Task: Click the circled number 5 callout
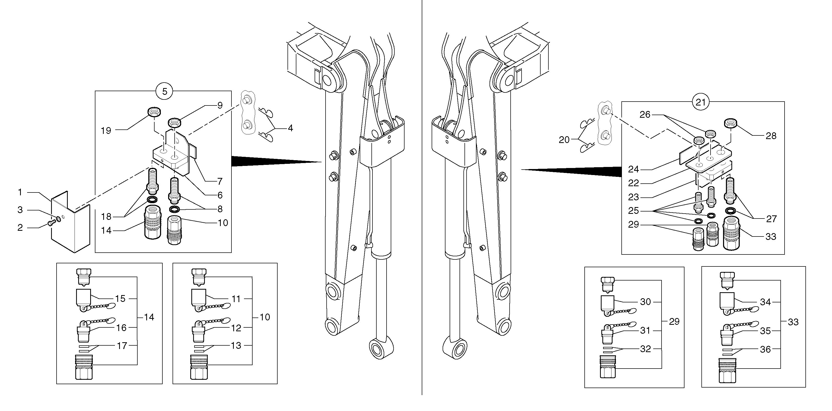pyautogui.click(x=164, y=92)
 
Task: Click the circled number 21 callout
pyautogui.click(x=700, y=102)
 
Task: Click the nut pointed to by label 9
pyautogui.click(x=174, y=123)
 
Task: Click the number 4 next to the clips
pyautogui.click(x=290, y=128)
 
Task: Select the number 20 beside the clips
pyautogui.click(x=564, y=140)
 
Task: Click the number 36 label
pyautogui.click(x=765, y=349)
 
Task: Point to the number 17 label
pyautogui.click(x=122, y=346)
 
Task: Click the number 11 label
pyautogui.click(x=236, y=299)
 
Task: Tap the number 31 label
pyautogui.click(x=645, y=331)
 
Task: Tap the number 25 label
pyautogui.click(x=633, y=211)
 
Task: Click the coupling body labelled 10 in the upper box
pyautogui.click(x=174, y=231)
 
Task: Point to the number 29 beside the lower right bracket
pyautogui.click(x=674, y=322)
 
